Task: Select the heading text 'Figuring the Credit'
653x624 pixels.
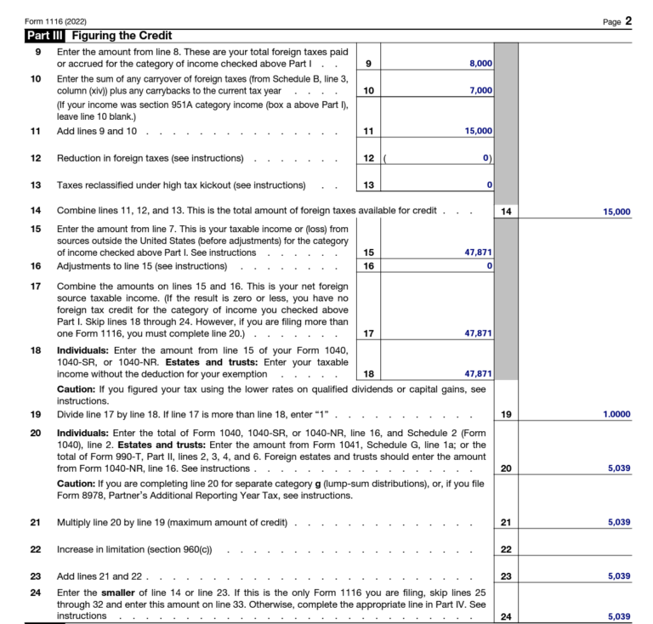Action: [122, 36]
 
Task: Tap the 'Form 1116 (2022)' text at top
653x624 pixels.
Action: [55, 20]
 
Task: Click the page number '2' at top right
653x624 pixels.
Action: [628, 20]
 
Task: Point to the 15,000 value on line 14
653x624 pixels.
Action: [616, 212]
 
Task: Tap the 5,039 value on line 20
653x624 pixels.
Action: [619, 468]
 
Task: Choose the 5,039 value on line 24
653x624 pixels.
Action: [619, 615]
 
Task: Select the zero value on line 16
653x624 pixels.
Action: [489, 266]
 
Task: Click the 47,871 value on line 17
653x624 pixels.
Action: [479, 333]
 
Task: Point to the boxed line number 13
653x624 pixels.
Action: [367, 185]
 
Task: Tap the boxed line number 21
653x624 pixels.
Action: [505, 522]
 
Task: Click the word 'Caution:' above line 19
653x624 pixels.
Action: [77, 389]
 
